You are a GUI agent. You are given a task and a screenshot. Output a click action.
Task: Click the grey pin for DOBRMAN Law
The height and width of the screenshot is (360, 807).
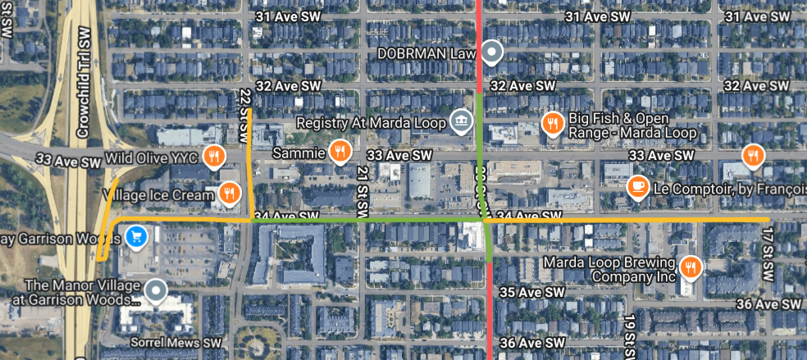click(491, 53)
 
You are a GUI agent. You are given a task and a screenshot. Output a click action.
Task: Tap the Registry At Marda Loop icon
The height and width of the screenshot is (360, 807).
click(462, 122)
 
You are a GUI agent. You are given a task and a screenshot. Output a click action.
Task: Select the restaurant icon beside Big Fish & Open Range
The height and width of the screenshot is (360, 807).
click(553, 124)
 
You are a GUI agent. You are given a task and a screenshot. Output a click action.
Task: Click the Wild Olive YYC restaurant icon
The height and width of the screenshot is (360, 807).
click(215, 154)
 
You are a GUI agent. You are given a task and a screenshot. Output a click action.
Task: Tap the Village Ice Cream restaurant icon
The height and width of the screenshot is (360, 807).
click(229, 193)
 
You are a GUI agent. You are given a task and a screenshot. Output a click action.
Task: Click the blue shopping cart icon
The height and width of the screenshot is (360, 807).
click(136, 236)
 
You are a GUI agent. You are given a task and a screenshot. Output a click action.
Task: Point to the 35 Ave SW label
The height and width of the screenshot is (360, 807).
click(532, 292)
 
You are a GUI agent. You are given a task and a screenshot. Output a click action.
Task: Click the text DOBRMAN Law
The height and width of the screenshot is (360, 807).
click(426, 53)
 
